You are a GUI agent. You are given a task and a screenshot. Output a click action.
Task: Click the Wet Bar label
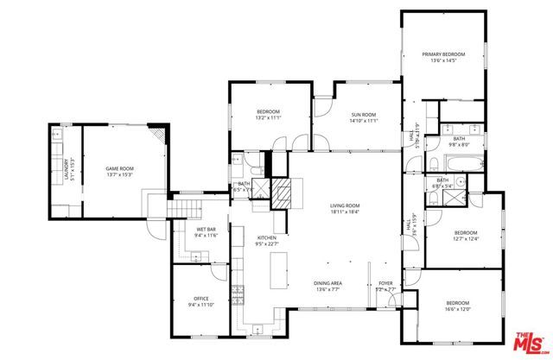tap(205, 230)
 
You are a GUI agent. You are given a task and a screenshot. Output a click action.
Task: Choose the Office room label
tap(202, 298)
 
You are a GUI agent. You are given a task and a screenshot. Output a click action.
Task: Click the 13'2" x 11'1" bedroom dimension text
tap(269, 118)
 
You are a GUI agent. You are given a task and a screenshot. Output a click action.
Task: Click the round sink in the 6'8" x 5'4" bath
tap(460, 181)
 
